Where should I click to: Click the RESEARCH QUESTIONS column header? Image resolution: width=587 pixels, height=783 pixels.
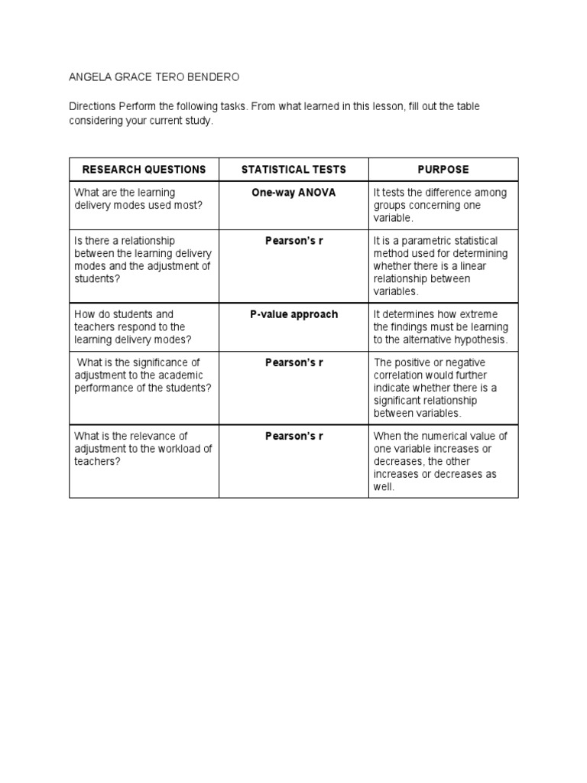pyautogui.click(x=144, y=169)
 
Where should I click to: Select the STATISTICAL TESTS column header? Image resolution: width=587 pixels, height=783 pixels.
pyautogui.click(x=293, y=169)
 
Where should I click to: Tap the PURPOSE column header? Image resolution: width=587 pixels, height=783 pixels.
pyautogui.click(x=443, y=169)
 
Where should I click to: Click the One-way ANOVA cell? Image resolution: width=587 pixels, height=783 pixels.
pyautogui.click(x=293, y=193)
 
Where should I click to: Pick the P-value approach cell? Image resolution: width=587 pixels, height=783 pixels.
pyautogui.click(x=293, y=314)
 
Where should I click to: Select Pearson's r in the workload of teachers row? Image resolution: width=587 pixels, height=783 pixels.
pyautogui.click(x=293, y=436)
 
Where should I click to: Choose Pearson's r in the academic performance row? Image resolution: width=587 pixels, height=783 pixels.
pyautogui.click(x=293, y=362)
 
